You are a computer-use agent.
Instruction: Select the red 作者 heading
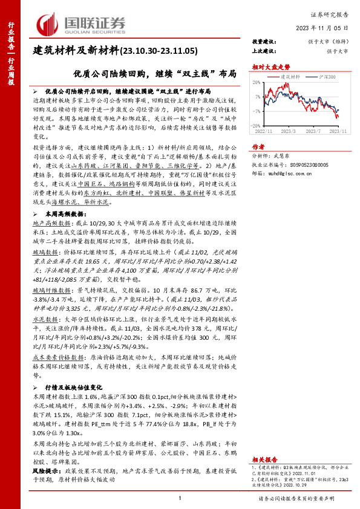click(258, 146)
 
